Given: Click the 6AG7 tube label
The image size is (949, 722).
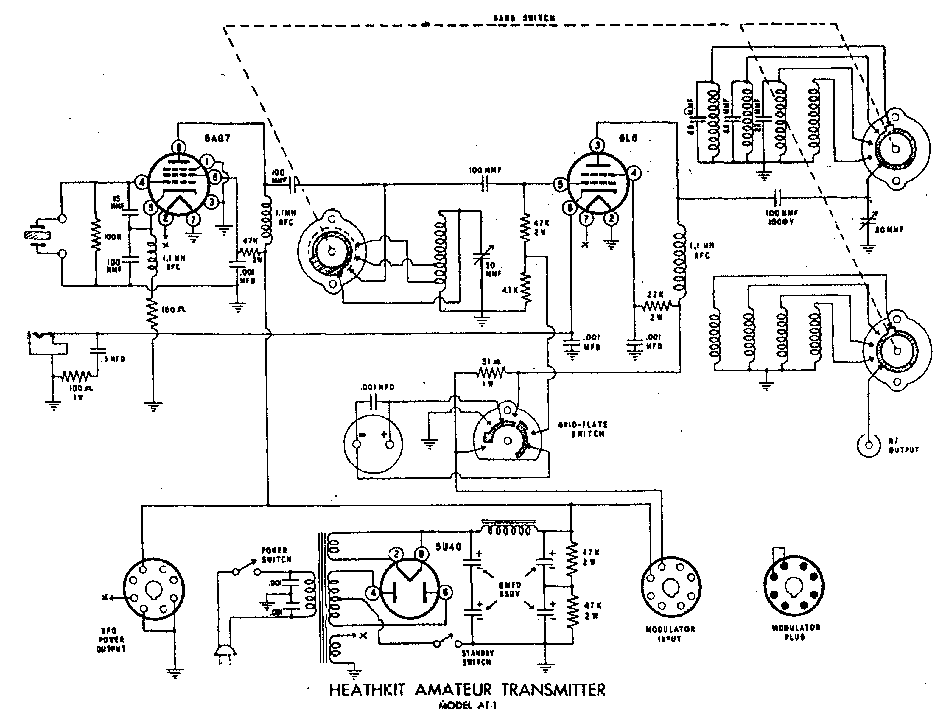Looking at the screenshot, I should (x=217, y=139).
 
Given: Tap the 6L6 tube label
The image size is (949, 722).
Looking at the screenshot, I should (x=628, y=139).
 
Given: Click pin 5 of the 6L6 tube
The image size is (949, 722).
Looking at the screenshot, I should (x=560, y=184).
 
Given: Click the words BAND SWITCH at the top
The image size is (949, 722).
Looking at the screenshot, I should (x=524, y=18).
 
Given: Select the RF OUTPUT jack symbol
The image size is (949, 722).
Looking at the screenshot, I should (x=869, y=445).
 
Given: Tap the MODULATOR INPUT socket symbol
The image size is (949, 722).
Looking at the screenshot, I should (x=670, y=587).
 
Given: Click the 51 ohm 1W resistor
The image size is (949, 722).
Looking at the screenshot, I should (x=490, y=372).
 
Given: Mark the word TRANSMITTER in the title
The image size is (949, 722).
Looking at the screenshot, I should (x=554, y=690).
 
